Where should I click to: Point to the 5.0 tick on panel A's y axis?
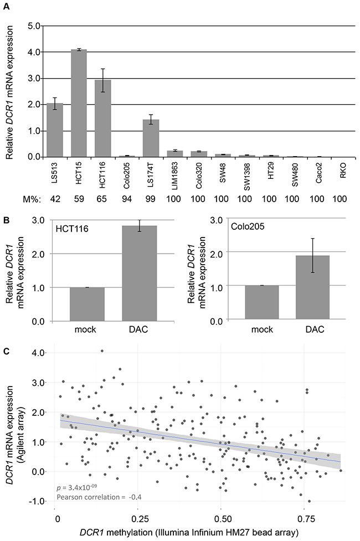[35, 25]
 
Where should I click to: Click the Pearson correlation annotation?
[99, 498]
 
